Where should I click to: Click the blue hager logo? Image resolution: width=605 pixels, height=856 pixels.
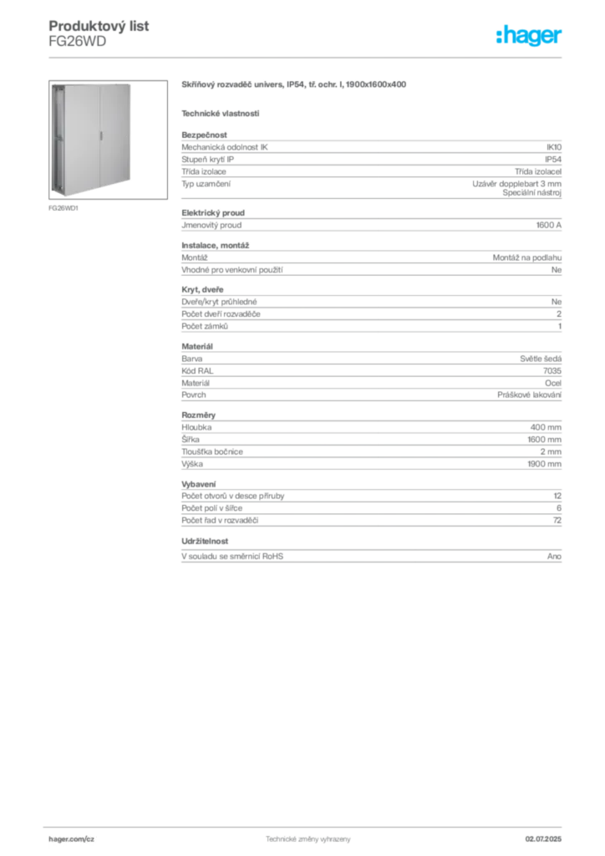click(530, 38)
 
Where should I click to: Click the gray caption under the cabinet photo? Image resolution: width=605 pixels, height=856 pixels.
click(64, 208)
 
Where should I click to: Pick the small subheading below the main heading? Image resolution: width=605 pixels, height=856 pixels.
click(221, 113)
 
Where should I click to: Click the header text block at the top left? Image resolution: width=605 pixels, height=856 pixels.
click(100, 33)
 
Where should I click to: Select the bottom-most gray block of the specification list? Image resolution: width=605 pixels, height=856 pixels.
click(370, 554)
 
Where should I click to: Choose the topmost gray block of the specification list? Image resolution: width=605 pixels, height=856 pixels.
click(370, 166)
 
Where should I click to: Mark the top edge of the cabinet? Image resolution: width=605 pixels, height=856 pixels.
click(90, 81)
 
